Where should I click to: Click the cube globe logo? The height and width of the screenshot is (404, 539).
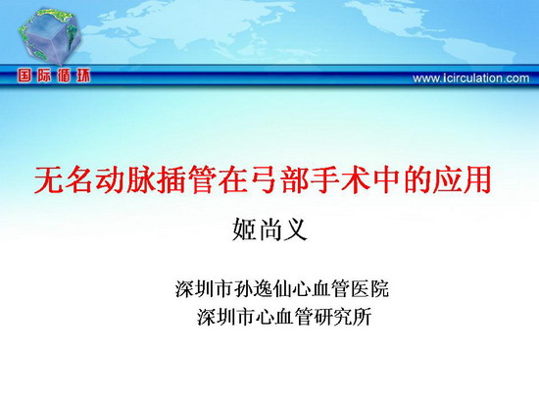click(x=50, y=35)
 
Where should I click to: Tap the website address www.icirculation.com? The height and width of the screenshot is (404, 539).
click(x=471, y=78)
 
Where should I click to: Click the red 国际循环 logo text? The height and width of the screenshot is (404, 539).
click(x=54, y=76)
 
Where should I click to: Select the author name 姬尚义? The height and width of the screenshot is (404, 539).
click(x=269, y=229)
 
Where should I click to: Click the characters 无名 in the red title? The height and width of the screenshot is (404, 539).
click(x=64, y=179)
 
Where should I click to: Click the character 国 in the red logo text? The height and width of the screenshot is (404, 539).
click(x=24, y=76)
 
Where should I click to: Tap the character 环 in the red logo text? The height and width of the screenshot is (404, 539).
click(x=83, y=76)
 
